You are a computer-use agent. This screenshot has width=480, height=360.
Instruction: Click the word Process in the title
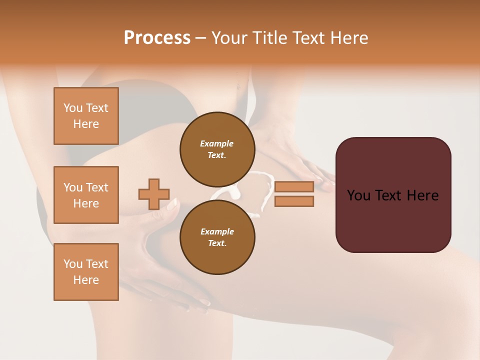pyautogui.click(x=157, y=38)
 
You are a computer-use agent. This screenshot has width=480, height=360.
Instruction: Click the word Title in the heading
pyautogui.click(x=268, y=38)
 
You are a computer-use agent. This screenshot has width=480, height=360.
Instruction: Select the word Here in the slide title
pyautogui.click(x=349, y=38)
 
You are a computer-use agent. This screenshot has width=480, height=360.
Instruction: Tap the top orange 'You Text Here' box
pyautogui.click(x=86, y=116)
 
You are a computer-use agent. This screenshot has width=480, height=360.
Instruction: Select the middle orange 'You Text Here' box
pyautogui.click(x=86, y=195)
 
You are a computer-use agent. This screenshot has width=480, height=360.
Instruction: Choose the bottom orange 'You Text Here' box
pyautogui.click(x=86, y=272)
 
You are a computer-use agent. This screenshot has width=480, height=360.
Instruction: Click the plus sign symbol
pyautogui.click(x=154, y=194)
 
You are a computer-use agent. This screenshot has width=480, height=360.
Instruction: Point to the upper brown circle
pyautogui.click(x=217, y=149)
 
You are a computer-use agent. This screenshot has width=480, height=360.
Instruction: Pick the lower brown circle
pyautogui.click(x=217, y=237)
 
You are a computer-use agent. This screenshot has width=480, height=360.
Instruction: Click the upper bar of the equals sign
pyautogui.click(x=294, y=186)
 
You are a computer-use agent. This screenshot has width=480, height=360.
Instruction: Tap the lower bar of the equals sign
pyautogui.click(x=294, y=201)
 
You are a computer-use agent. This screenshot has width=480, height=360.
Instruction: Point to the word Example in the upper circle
pyautogui.click(x=217, y=143)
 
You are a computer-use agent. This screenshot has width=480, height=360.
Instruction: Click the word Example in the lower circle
pyautogui.click(x=217, y=231)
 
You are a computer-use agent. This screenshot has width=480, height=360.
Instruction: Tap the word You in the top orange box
pyautogui.click(x=73, y=108)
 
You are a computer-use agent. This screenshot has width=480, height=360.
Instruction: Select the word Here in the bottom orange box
pyautogui.click(x=86, y=280)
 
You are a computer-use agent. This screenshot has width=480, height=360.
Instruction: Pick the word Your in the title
pyautogui.click(x=230, y=38)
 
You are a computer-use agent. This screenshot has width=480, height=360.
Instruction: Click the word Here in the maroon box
pyautogui.click(x=422, y=195)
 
